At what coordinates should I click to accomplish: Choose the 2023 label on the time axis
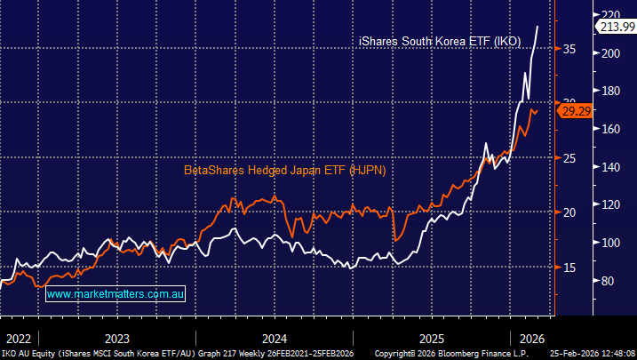click(116, 338)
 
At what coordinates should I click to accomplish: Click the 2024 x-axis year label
click(274, 338)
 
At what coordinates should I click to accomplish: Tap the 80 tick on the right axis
click(609, 281)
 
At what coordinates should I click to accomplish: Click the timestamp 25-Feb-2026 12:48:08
click(589, 353)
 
